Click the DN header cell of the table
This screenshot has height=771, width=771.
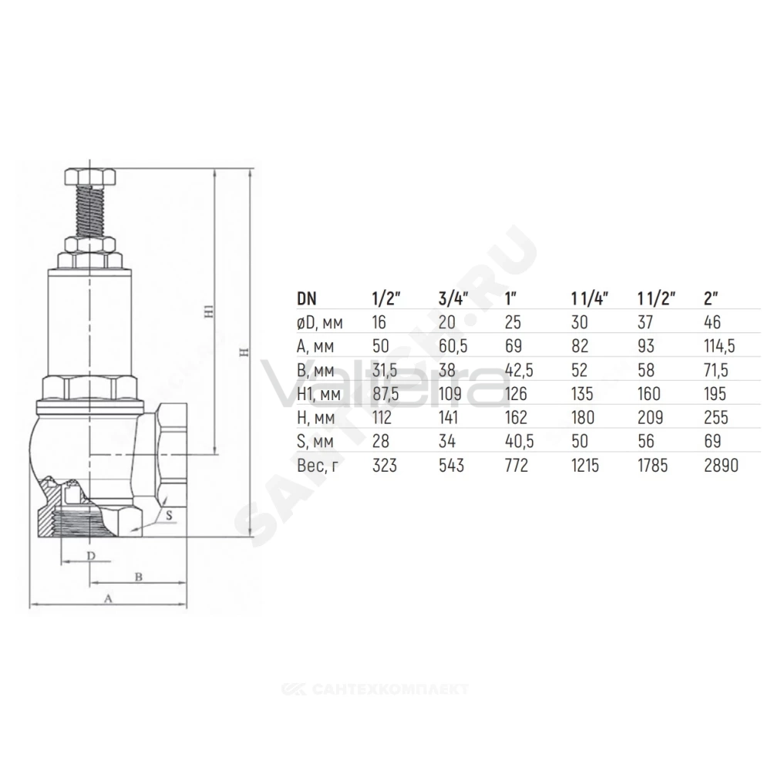[x=307, y=298]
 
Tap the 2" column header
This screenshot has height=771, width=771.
[x=711, y=298]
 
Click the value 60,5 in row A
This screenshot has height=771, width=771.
[x=453, y=346]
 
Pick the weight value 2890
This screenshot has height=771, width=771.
[x=721, y=465]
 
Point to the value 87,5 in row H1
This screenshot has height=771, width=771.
[x=385, y=394]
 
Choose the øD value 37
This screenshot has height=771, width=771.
[x=645, y=322]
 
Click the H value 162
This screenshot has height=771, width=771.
[x=516, y=417]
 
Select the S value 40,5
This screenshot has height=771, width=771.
[x=519, y=442]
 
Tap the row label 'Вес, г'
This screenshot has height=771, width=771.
[x=318, y=465]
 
